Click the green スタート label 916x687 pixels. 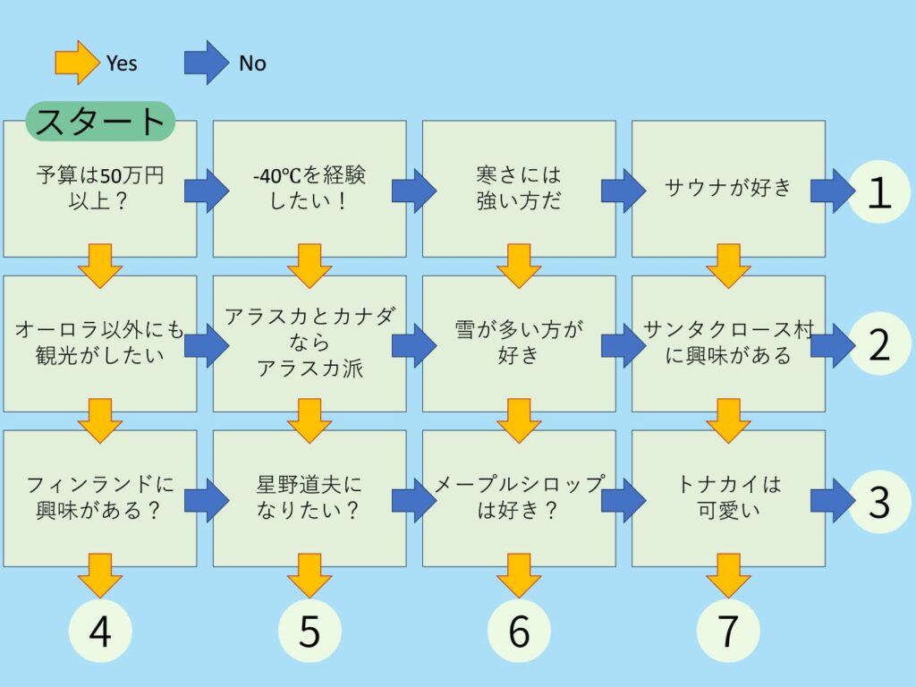[100, 121]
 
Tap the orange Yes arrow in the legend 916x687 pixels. [77, 63]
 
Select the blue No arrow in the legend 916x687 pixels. [207, 63]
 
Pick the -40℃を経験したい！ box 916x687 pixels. [309, 189]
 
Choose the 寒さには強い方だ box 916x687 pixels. [519, 189]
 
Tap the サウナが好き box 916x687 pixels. [728, 189]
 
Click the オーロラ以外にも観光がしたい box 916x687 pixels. [100, 343]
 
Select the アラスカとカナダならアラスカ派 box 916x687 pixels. [309, 343]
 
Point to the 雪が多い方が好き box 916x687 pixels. [519, 343]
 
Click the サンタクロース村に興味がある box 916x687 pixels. [728, 343]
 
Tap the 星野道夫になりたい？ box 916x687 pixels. [309, 498]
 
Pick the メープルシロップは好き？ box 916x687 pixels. [519, 498]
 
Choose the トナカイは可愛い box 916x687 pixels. [728, 498]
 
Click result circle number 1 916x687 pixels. [880, 191]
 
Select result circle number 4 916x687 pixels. [100, 632]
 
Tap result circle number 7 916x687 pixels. [728, 632]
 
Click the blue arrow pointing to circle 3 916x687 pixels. [832, 500]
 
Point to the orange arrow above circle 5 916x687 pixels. [310, 575]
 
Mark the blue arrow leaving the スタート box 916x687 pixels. [206, 191]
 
